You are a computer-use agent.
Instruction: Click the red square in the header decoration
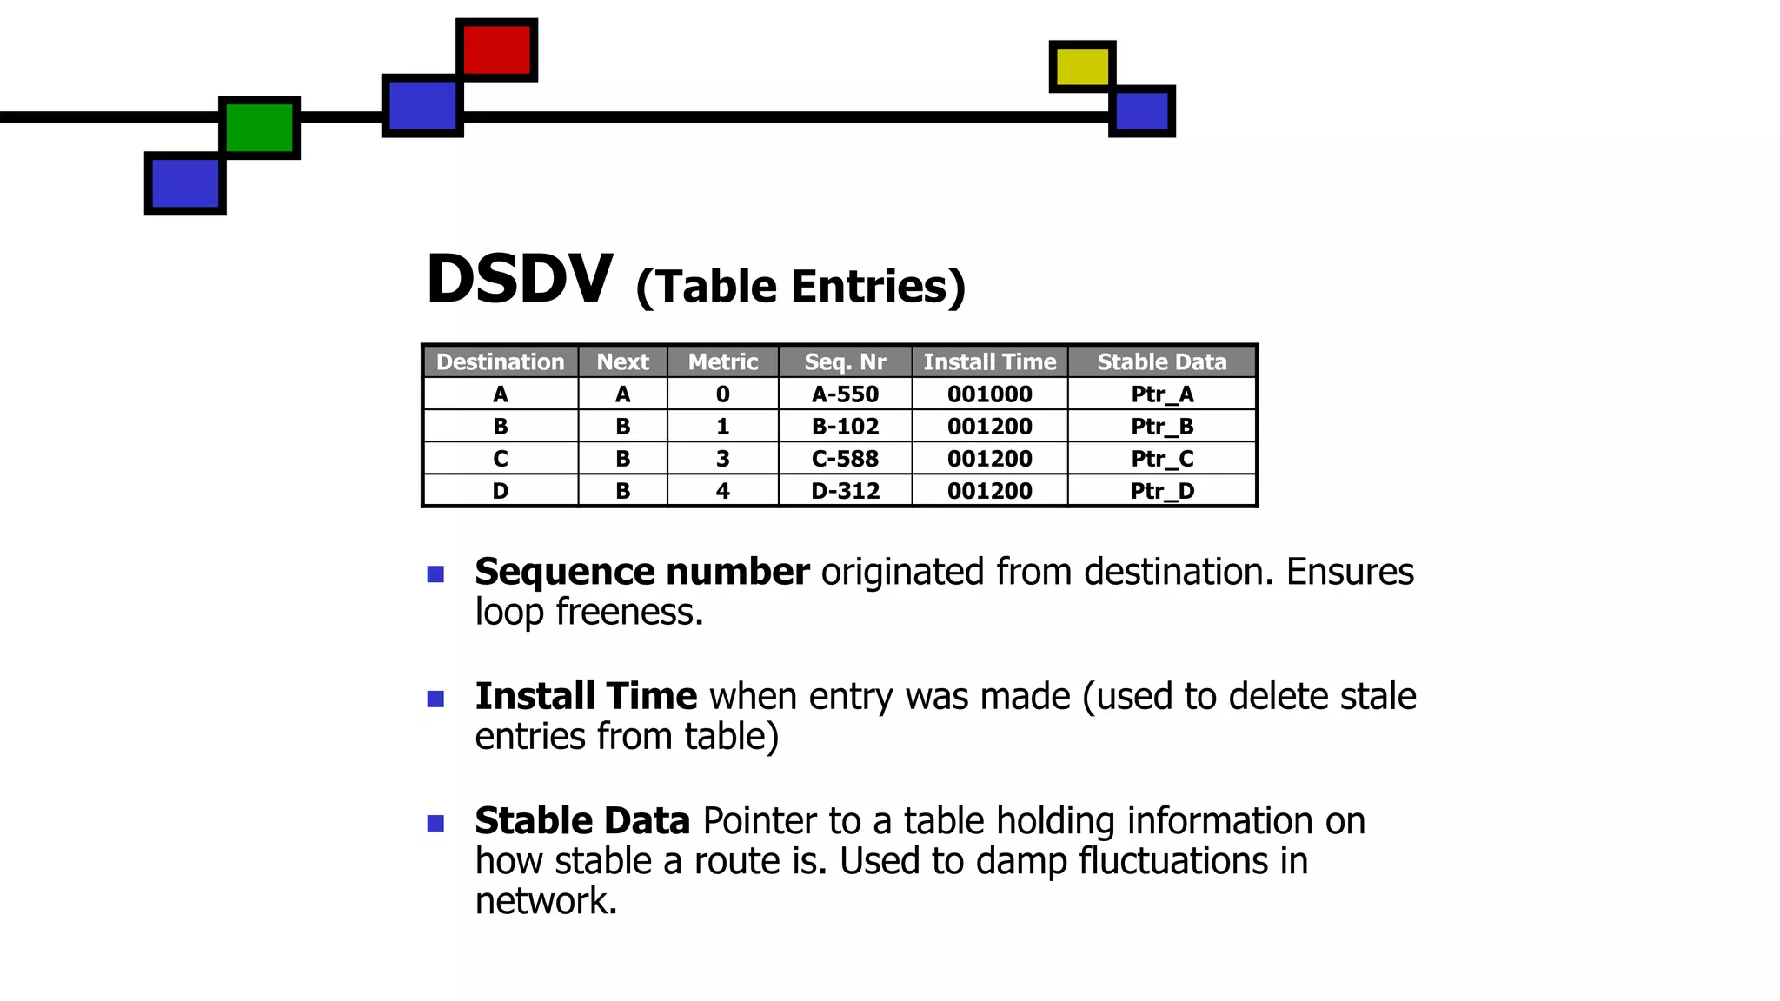[496, 50]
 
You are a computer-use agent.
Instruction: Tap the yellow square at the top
[1082, 66]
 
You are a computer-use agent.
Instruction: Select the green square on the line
[259, 127]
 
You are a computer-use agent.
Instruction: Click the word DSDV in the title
[520, 280]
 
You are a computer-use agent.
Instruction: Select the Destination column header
[500, 361]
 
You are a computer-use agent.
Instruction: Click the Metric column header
[722, 361]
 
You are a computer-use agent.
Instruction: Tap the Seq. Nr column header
[845, 361]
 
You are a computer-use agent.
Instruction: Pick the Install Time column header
[989, 361]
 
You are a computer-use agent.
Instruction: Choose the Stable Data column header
[1161, 361]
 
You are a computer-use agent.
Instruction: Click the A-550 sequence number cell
[845, 394]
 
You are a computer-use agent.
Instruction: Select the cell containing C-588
[845, 459]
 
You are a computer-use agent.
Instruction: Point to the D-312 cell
[845, 491]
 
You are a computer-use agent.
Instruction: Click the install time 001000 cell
[989, 394]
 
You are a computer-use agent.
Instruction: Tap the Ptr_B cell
[1162, 427]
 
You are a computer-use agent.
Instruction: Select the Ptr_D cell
[1162, 491]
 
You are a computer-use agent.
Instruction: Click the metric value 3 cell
[722, 459]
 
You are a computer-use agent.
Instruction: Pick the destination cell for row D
[500, 491]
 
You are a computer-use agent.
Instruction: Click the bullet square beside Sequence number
[435, 574]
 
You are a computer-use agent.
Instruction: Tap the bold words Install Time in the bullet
[586, 696]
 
